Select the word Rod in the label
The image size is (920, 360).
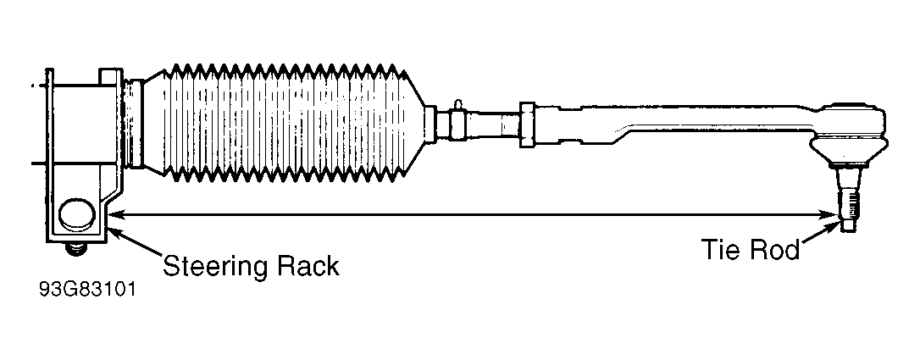tap(775, 251)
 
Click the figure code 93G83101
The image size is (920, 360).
tap(87, 290)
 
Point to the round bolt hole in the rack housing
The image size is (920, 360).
tap(77, 213)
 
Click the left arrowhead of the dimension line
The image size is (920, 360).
tap(117, 214)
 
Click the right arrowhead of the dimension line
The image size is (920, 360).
tap(833, 215)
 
